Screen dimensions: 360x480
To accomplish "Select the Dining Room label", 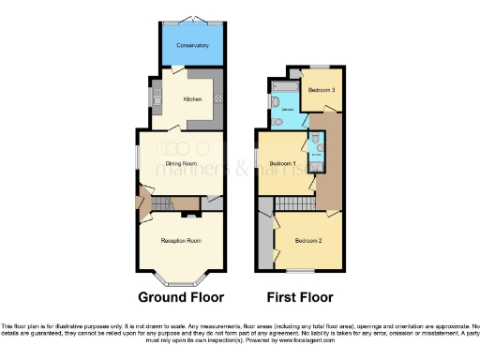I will pyautogui.click(x=181, y=163).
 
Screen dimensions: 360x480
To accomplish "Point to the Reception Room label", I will pyautogui.click(x=181, y=241).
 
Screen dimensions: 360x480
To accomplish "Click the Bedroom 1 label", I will pyautogui.click(x=283, y=163).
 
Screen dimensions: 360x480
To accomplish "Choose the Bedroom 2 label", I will pyautogui.click(x=309, y=241).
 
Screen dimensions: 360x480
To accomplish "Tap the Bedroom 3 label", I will pyautogui.click(x=322, y=89).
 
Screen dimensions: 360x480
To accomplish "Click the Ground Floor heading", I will pyautogui.click(x=181, y=298).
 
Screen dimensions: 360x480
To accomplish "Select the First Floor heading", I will pyautogui.click(x=300, y=298).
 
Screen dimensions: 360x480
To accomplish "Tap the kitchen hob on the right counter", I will pyautogui.click(x=217, y=98).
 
